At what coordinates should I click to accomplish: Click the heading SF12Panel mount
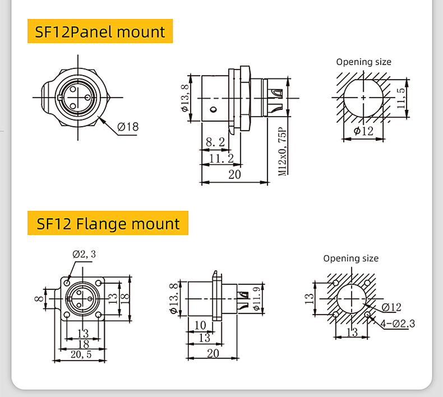[100, 31]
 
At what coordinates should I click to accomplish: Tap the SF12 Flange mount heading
[108, 224]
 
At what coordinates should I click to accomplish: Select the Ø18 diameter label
[128, 127]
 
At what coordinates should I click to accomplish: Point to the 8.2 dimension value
[215, 143]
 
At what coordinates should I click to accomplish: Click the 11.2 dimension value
[221, 159]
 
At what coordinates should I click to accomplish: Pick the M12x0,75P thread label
[283, 151]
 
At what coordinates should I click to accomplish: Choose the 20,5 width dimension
[81, 354]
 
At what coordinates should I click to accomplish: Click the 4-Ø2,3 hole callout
[396, 323]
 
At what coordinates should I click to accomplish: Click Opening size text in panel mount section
[363, 62]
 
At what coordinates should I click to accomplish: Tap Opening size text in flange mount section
[350, 258]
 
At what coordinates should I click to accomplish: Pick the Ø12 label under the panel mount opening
[363, 131]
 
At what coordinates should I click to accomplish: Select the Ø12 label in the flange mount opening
[391, 307]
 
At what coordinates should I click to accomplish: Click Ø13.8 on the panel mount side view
[184, 98]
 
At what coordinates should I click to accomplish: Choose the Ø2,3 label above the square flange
[84, 254]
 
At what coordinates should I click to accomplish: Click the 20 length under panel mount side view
[234, 174]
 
